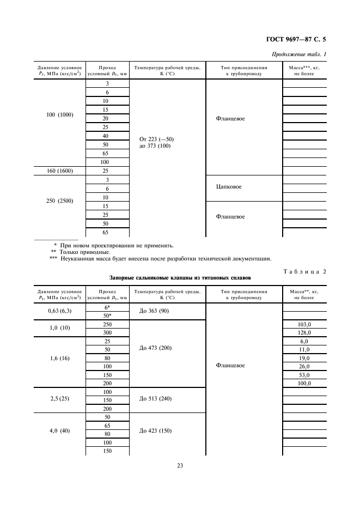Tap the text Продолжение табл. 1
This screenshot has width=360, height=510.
click(301, 53)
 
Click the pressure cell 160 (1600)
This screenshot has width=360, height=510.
click(60, 171)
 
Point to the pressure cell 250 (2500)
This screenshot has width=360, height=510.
click(60, 201)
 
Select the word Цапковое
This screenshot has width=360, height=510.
click(229, 187)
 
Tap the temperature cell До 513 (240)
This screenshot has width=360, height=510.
click(156, 398)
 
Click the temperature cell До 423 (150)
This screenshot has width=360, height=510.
click(156, 430)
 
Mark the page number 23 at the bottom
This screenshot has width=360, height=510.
click(180, 465)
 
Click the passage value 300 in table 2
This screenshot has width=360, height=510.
click(107, 332)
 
